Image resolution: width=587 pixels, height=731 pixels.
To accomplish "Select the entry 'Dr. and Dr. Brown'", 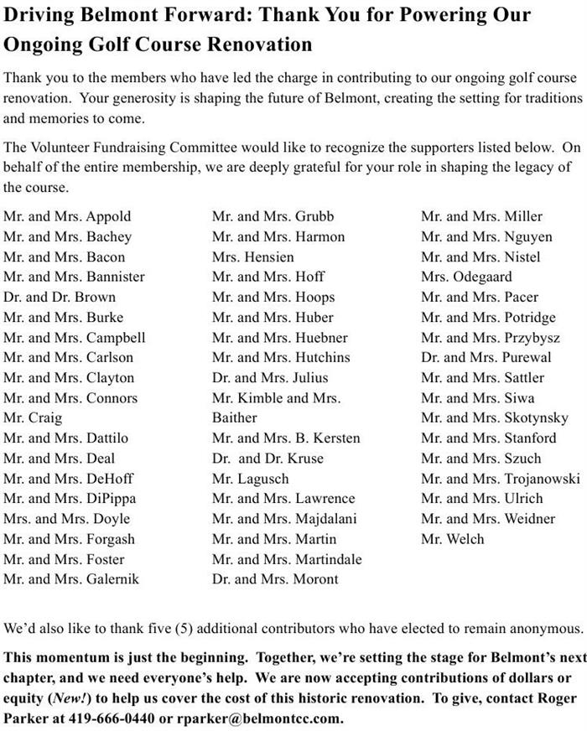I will pos(60,297).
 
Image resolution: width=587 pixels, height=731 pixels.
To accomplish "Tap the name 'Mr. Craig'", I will pos(33,417).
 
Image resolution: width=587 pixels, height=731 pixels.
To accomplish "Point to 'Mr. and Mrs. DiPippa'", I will pos(68,498).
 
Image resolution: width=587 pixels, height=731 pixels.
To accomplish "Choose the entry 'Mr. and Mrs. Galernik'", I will pos(71,578).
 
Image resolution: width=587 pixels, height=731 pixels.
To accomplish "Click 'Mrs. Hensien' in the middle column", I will pos(253,257).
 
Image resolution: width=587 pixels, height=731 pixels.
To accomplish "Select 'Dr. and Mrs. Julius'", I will pos(270,377).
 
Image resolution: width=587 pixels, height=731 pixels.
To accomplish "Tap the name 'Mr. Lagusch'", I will pos(251,478).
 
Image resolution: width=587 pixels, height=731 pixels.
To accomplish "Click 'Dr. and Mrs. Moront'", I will pos(275,578).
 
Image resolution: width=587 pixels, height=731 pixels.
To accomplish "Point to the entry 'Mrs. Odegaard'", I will pos(466,277).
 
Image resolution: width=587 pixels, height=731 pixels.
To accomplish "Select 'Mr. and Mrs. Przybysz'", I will pos(491,337).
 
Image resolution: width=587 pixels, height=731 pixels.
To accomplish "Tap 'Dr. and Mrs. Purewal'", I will pos(486,357).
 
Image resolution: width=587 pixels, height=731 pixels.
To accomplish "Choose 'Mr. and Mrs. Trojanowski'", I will pos(501,478).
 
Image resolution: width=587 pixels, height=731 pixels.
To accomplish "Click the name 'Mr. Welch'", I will pos(453,538).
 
